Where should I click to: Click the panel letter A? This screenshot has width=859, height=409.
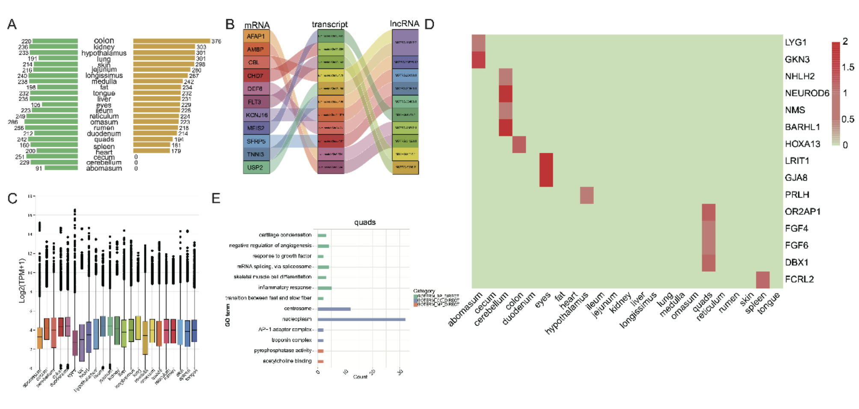[x=12, y=24]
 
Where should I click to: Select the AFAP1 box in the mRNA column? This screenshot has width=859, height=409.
[x=256, y=36]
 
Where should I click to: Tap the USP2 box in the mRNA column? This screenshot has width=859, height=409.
[x=256, y=167]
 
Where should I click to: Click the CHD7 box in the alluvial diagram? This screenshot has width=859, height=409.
[x=255, y=76]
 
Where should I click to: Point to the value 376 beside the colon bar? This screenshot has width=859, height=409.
[x=216, y=41]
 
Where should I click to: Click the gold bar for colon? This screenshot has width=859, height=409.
[x=171, y=41]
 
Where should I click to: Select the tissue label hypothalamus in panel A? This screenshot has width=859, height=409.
[x=104, y=53]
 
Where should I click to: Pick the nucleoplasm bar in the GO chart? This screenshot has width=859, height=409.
[x=361, y=319]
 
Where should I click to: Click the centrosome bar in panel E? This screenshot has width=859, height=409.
[x=334, y=309]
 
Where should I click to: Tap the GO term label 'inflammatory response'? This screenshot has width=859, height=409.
[x=285, y=287]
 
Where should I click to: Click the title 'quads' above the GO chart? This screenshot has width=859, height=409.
[x=365, y=222]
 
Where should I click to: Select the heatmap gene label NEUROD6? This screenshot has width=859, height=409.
[x=807, y=93]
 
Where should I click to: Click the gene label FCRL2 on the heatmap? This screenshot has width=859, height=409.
[x=799, y=279]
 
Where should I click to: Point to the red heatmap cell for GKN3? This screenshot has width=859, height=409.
[x=479, y=59]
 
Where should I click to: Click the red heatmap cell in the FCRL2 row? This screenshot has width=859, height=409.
[x=763, y=280]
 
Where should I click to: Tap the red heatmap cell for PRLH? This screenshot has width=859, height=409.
[x=587, y=195]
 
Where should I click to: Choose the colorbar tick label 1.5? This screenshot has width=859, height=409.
[x=847, y=67]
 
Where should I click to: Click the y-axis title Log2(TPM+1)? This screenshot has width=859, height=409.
[x=22, y=280]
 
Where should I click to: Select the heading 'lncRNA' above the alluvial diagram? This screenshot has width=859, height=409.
[x=404, y=24]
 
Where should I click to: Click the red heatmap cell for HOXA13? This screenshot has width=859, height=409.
[x=519, y=144]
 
